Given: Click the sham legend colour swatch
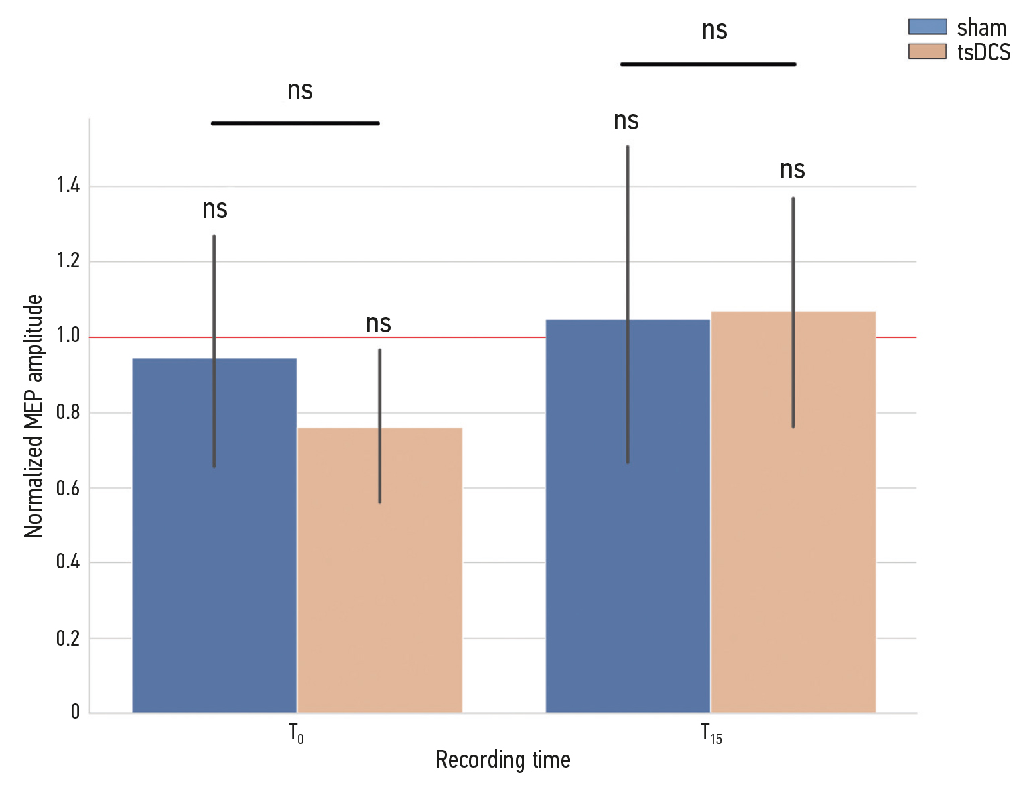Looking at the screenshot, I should coord(927,27).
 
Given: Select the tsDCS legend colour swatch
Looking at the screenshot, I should coord(927,52).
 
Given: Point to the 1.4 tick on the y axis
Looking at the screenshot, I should coord(68,186).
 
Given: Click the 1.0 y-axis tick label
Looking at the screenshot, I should coord(68,336).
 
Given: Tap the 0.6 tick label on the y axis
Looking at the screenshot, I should coord(68,488).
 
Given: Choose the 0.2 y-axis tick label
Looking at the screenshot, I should coord(68,638).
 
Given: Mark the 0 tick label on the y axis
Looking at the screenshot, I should coord(75,712).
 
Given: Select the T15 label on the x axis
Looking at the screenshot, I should coord(711,733).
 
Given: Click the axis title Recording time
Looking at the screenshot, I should coord(502,760).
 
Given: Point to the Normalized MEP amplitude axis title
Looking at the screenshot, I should coord(33,416).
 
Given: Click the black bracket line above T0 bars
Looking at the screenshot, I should coord(295,123).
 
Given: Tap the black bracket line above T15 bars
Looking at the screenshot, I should coord(708,64).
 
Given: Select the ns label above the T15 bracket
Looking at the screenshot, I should coord(714,31).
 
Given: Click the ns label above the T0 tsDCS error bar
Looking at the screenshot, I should coord(379,324).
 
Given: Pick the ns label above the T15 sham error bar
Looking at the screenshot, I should coord(626,121).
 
